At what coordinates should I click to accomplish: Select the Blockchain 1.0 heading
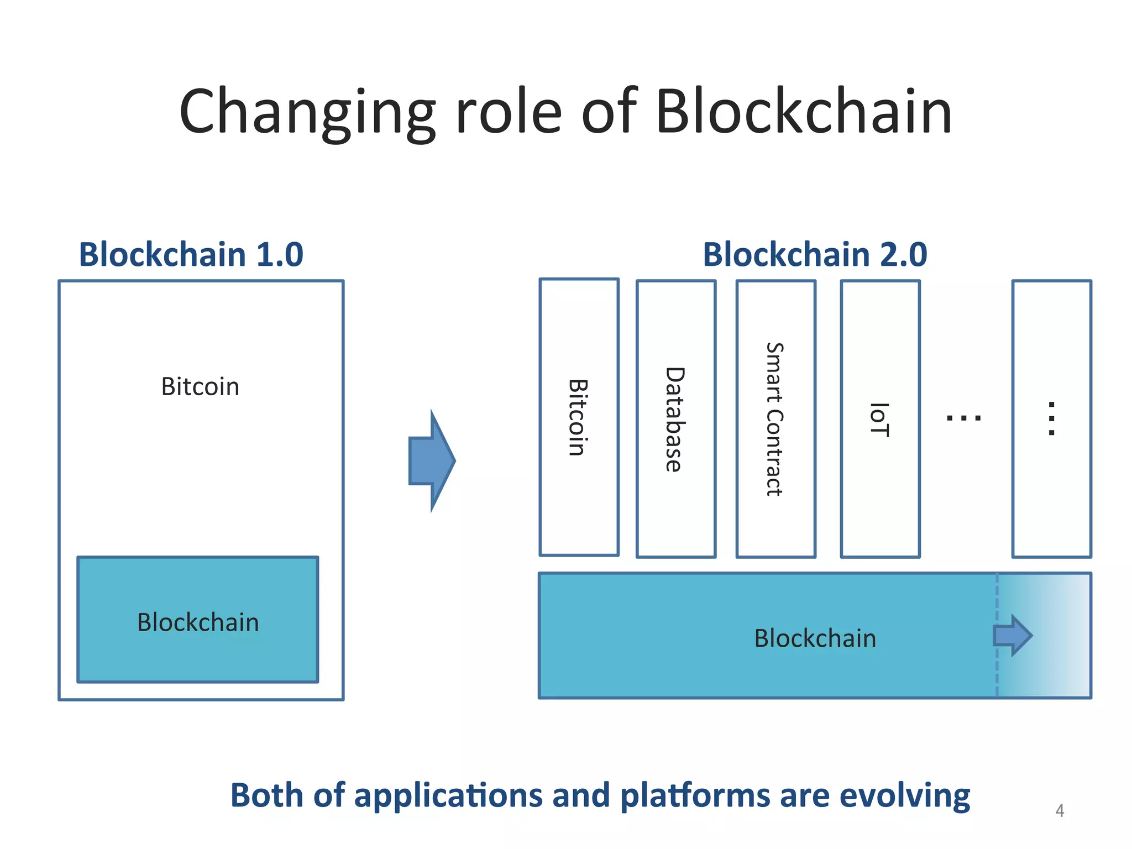[191, 254]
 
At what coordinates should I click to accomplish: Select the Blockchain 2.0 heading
[815, 254]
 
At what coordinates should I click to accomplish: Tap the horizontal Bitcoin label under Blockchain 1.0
[200, 386]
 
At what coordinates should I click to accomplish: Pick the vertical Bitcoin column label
[578, 417]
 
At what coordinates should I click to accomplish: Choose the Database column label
[675, 419]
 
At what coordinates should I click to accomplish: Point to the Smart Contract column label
[775, 419]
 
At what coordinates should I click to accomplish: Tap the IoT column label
[879, 420]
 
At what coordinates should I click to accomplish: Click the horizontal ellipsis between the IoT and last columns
[963, 418]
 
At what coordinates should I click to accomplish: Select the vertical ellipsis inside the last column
[1051, 418]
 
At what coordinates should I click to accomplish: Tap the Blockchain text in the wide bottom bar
[815, 638]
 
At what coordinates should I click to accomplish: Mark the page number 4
[1059, 810]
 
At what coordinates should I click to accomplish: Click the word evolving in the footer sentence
[904, 795]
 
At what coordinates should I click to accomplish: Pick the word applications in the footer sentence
[448, 796]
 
